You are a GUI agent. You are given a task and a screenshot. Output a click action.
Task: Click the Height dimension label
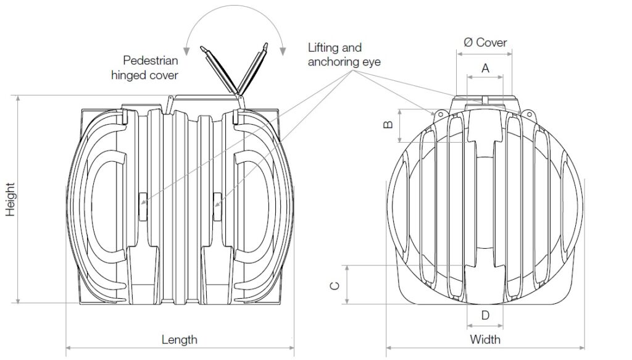[10, 199]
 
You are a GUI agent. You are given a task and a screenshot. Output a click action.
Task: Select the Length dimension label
[180, 340]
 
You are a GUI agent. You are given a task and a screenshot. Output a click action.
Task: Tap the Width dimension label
[485, 340]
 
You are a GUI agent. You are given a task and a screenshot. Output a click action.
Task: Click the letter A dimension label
[485, 68]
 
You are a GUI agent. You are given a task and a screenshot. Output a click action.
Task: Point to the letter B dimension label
[388, 125]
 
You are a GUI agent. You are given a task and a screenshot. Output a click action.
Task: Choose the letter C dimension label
[335, 285]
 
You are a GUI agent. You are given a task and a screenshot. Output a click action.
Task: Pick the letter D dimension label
[485, 315]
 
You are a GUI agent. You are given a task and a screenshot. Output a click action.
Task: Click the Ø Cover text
[485, 43]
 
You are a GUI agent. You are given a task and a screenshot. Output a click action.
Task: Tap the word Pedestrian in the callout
[151, 61]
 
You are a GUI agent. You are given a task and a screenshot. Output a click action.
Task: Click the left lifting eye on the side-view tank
[143, 207]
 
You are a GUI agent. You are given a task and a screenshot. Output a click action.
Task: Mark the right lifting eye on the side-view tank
[217, 207]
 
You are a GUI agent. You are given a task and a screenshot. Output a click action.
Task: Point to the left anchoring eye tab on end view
[441, 114]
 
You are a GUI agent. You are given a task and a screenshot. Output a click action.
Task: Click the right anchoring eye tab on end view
[528, 114]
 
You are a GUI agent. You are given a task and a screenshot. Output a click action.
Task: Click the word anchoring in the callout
[344, 62]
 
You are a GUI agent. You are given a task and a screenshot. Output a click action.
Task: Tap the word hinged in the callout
[127, 75]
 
